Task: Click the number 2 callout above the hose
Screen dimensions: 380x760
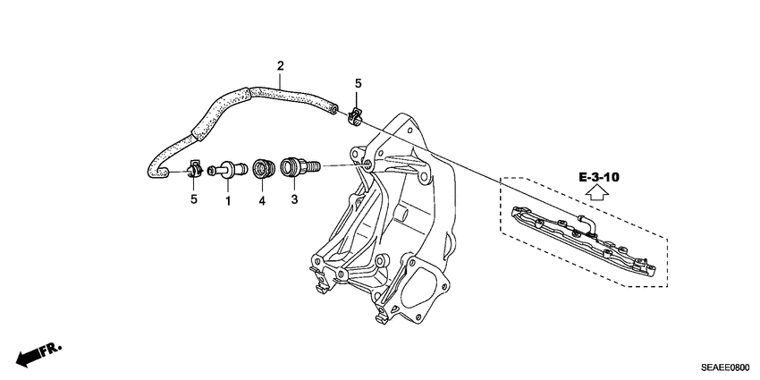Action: pyautogui.click(x=280, y=66)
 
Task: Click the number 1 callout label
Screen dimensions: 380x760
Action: pyautogui.click(x=228, y=201)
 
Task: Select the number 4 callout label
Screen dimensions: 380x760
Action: pyautogui.click(x=263, y=201)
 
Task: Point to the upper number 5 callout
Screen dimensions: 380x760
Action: pyautogui.click(x=358, y=84)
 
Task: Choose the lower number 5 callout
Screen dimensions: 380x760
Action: pyautogui.click(x=193, y=199)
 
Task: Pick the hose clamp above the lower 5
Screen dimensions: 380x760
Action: pyautogui.click(x=192, y=168)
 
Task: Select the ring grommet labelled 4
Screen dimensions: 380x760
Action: pyautogui.click(x=263, y=167)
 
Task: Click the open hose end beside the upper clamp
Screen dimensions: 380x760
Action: pyautogui.click(x=334, y=106)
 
